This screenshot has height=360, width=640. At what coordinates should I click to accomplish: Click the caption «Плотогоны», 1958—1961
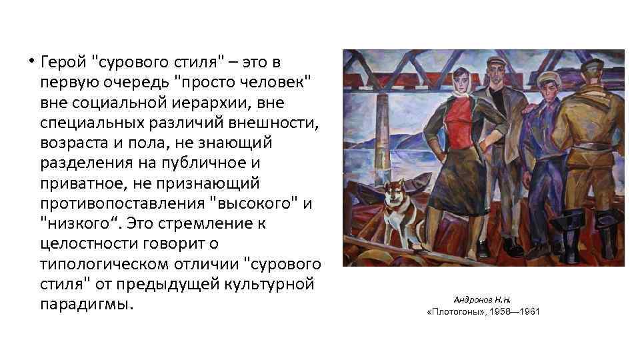483,311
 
